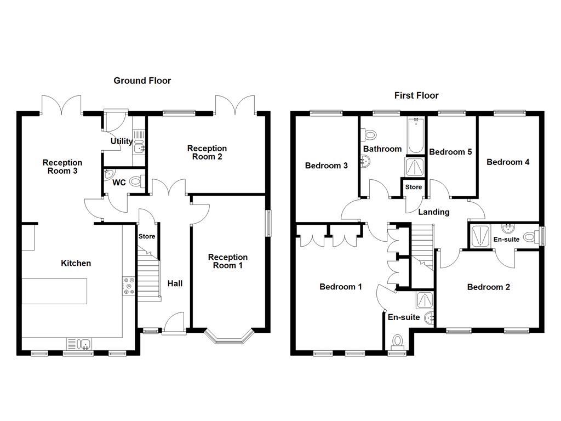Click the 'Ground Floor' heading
coord(142,81)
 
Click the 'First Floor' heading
coord(416,95)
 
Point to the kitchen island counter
coord(55,291)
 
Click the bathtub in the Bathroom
coord(416,135)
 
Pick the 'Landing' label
coord(434,212)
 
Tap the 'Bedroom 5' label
coord(450,152)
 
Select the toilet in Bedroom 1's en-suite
coord(397,341)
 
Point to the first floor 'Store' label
coord(414,187)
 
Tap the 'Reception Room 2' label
coord(207,152)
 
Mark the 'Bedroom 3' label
coord(327,166)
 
